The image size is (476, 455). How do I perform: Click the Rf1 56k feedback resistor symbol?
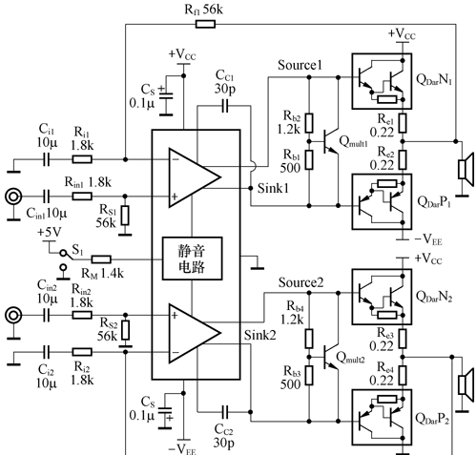(x=205, y=24)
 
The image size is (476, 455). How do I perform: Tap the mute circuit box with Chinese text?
(x=192, y=259)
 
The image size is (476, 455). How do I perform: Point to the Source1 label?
(x=300, y=65)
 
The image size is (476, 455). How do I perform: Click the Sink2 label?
(x=259, y=335)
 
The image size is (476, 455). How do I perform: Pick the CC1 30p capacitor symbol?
(x=225, y=106)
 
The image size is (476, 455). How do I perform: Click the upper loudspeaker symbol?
(x=466, y=169)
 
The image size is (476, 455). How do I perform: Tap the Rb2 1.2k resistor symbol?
(x=309, y=123)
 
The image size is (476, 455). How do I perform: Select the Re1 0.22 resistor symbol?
(x=403, y=123)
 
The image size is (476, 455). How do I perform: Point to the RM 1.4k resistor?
(x=101, y=259)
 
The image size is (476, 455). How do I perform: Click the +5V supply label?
(x=50, y=233)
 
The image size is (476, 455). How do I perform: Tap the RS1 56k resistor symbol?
(x=125, y=216)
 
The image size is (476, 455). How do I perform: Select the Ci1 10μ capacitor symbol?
(x=47, y=159)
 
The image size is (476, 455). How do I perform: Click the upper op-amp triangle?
(x=195, y=177)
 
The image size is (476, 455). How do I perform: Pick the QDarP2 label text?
(x=432, y=419)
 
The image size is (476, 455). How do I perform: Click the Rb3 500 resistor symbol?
(x=309, y=376)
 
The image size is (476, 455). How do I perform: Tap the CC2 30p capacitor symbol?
(x=225, y=412)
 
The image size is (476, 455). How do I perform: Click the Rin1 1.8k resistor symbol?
(x=82, y=196)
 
